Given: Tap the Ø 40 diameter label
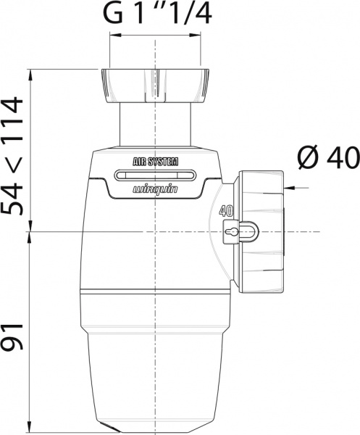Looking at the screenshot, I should coord(327,156).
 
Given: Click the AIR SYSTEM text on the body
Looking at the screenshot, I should coord(155,162).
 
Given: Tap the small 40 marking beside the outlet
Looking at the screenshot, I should coord(225,212).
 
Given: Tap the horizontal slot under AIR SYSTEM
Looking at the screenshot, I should coord(155,175).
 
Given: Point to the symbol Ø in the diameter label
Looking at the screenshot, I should coord(307,156).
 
